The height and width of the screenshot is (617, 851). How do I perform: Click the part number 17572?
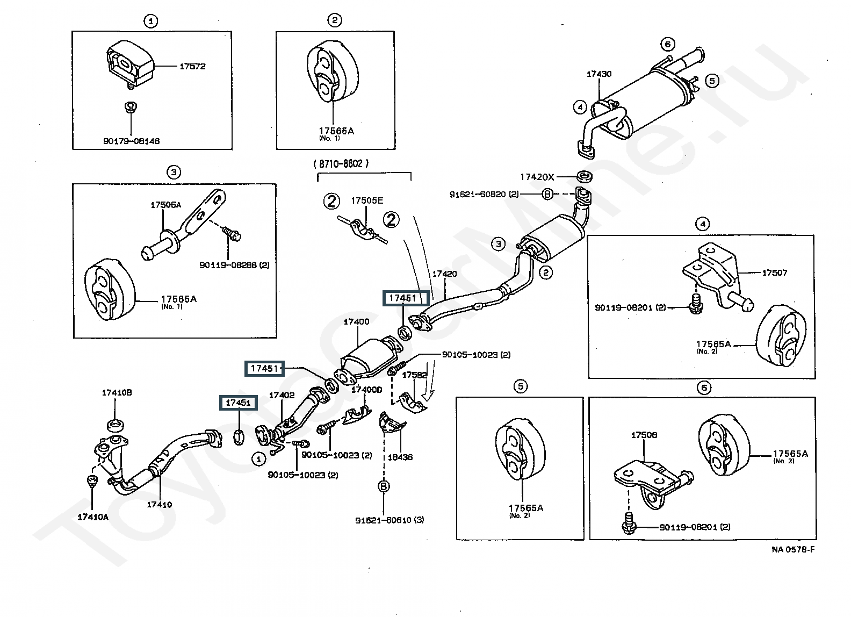pos(192,67)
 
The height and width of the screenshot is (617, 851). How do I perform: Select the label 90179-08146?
pos(132,141)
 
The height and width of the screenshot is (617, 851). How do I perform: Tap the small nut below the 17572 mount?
pos(130,107)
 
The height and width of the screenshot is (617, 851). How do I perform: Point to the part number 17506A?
pos(165,205)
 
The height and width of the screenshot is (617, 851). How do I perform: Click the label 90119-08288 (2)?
pos(234,265)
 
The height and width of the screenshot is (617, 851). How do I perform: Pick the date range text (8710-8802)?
pos(341,163)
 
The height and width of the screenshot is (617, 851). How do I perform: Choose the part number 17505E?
pos(367,200)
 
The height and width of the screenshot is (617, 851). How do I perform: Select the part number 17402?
pos(282,395)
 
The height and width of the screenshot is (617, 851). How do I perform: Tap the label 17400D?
pos(367,390)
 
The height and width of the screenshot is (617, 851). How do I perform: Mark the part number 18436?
pos(400,457)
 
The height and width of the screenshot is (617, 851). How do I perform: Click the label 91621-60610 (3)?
pos(390,520)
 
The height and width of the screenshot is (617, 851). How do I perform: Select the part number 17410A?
pos(93,516)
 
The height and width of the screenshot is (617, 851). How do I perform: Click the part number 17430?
pos(599,74)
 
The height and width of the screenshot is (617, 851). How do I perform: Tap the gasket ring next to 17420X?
pos(584,176)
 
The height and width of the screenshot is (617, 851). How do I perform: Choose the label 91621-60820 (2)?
pos(484,194)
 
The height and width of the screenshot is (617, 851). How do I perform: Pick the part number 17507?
pos(774,273)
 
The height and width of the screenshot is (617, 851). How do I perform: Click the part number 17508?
pos(644,435)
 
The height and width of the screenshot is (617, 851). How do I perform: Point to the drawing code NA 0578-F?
pos(793,549)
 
